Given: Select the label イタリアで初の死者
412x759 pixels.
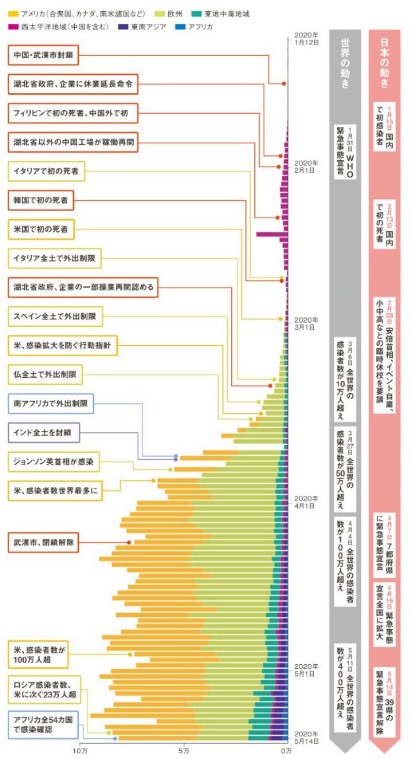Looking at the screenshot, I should pyautogui.click(x=47, y=171).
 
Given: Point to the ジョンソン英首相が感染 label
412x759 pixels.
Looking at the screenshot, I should pyautogui.click(x=54, y=462).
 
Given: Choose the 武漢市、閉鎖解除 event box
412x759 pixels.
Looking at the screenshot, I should pyautogui.click(x=43, y=542).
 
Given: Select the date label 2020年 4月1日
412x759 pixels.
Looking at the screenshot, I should pyautogui.click(x=305, y=502).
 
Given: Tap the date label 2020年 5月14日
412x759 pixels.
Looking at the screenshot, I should pyautogui.click(x=305, y=737).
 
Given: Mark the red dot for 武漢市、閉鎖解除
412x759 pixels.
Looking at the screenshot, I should pyautogui.click(x=129, y=542).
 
